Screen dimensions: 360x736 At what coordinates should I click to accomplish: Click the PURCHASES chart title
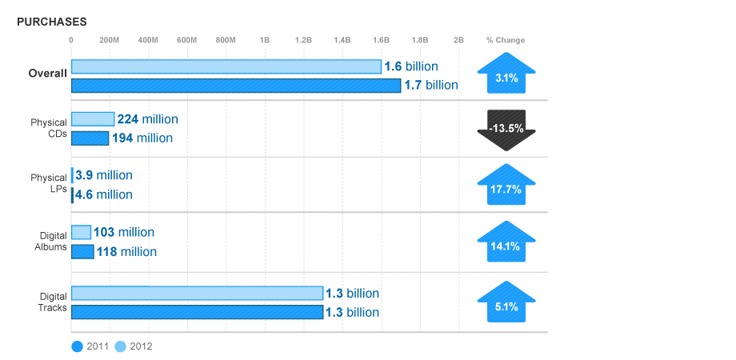[52, 22]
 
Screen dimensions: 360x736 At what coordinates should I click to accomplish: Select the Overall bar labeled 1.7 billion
[235, 86]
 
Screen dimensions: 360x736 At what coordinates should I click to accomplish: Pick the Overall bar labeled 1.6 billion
[226, 66]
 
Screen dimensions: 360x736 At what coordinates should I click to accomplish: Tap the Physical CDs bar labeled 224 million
[93, 119]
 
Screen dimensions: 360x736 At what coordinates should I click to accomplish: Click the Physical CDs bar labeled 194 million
[90, 138]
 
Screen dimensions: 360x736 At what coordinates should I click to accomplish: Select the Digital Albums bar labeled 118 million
[82, 252]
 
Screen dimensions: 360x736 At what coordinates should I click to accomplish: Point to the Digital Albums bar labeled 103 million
[81, 233]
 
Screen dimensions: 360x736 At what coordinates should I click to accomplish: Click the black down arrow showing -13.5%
[506, 128]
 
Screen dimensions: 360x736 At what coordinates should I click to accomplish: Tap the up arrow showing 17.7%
[506, 186]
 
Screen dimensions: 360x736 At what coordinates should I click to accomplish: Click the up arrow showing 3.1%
[506, 75]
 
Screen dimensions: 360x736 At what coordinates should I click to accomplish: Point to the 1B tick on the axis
[265, 40]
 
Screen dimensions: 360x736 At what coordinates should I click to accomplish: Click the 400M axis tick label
[148, 40]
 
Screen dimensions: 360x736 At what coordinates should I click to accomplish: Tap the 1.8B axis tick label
[420, 40]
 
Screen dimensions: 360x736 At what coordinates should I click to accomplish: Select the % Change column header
[506, 40]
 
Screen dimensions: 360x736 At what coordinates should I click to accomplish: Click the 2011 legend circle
[78, 346]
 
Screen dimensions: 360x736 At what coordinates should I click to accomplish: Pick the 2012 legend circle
[121, 346]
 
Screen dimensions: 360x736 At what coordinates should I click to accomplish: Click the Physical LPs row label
[49, 183]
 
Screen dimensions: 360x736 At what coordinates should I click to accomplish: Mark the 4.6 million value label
[104, 194]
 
